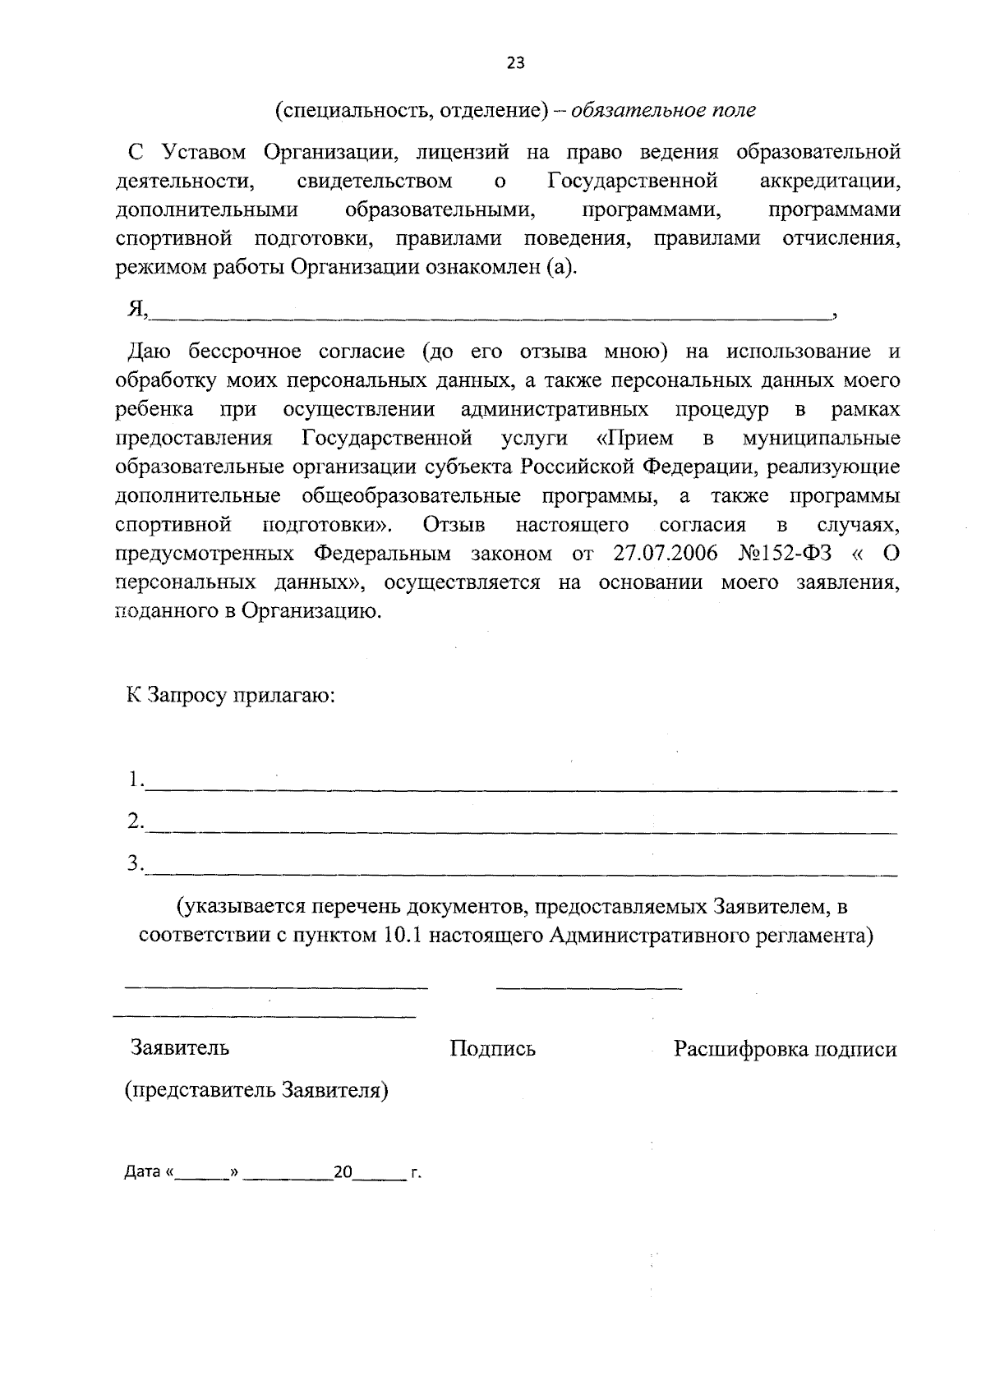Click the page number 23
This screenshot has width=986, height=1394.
click(x=515, y=64)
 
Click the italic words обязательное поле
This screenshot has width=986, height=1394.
click(x=663, y=110)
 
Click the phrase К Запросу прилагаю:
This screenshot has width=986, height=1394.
click(x=230, y=695)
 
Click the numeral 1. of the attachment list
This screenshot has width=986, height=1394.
click(x=135, y=780)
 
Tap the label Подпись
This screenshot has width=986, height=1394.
click(x=492, y=1049)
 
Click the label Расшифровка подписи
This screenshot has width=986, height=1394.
click(x=785, y=1050)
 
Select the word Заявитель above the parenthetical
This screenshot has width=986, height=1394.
click(x=180, y=1048)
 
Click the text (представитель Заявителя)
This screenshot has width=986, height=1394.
click(x=256, y=1091)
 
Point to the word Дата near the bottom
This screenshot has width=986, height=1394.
click(x=141, y=1172)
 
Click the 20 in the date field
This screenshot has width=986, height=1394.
click(x=342, y=1172)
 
